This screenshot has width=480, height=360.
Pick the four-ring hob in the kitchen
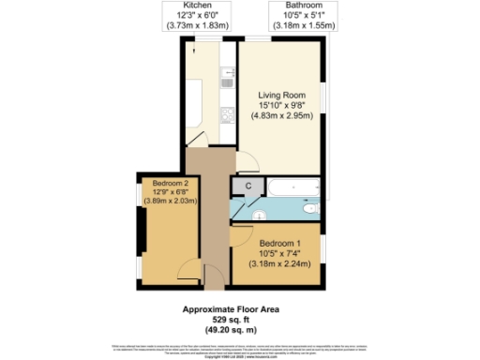pyautogui.click(x=227, y=114)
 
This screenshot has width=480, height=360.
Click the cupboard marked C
pyautogui.click(x=247, y=186)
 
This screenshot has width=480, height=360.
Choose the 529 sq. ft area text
pyautogui.click(x=229, y=320)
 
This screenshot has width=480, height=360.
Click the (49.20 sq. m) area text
pyautogui.click(x=229, y=330)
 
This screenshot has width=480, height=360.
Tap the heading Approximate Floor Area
pyautogui.click(x=230, y=309)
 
